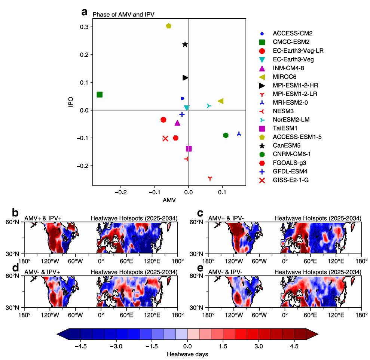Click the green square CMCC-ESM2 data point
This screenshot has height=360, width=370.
tap(100, 95)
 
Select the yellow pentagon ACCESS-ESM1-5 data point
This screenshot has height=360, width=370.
tap(169, 26)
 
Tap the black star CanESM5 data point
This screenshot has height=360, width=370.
tap(185, 44)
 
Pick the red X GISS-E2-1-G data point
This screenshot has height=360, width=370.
tap(165, 138)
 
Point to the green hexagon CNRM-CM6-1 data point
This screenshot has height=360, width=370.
tap(226, 135)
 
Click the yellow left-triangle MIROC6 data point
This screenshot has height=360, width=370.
tap(221, 101)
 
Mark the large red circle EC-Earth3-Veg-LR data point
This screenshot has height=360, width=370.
tap(163, 120)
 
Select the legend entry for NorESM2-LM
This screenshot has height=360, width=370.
tap(291, 120)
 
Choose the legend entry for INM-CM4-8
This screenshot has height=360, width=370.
tap(288, 68)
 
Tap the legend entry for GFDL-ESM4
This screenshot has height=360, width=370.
tap(289, 172)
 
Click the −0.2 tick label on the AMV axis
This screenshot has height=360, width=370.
tap(120, 192)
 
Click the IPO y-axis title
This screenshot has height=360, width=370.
tap(71, 103)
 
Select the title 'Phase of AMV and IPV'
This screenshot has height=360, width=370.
tap(123, 15)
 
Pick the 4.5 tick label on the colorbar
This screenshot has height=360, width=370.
tap(294, 346)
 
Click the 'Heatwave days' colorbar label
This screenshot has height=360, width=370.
tap(187, 354)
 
